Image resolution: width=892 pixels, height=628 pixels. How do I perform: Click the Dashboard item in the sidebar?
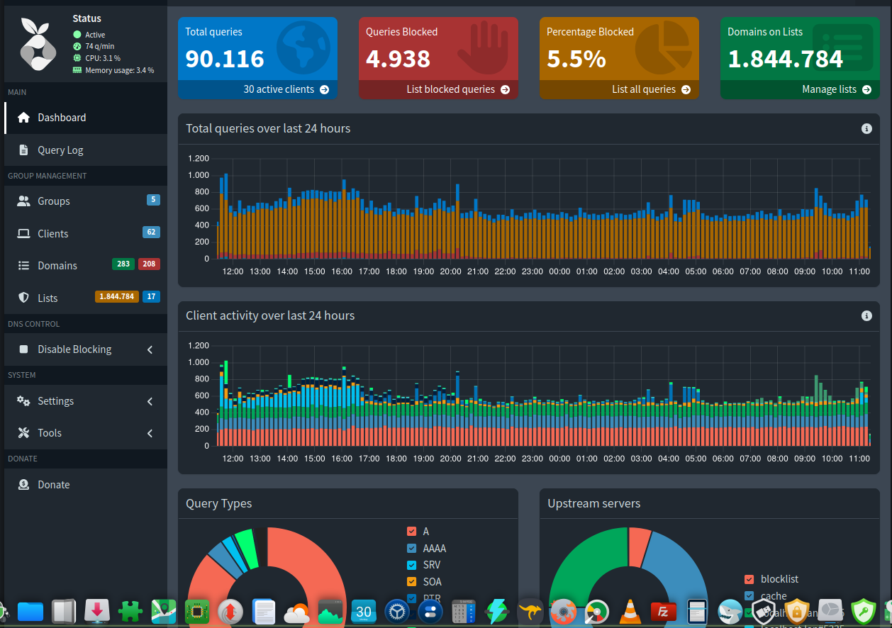point(62,118)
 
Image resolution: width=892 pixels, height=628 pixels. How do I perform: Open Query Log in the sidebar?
point(60,150)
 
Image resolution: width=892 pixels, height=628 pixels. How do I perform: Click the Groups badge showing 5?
point(153,200)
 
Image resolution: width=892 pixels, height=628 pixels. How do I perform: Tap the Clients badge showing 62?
point(151,232)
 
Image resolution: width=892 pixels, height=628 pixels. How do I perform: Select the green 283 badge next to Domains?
point(123,264)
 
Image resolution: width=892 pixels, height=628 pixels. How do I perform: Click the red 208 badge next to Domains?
point(149,264)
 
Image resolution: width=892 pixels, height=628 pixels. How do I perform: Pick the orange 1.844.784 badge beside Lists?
point(117,296)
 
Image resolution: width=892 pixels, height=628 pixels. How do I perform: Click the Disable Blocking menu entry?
point(74,349)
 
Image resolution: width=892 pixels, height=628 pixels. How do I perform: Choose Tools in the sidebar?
point(50,433)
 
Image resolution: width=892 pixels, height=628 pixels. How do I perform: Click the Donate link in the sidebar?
point(54,485)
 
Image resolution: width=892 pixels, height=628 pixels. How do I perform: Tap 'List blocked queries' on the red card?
point(457,89)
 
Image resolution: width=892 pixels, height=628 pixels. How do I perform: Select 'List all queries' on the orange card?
point(650,89)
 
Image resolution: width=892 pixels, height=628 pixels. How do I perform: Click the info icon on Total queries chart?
point(866,128)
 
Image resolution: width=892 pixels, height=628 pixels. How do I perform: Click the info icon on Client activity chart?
point(866,316)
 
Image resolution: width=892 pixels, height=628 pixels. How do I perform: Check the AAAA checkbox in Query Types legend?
point(412,548)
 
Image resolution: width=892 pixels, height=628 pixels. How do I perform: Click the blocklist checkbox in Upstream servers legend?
point(749,579)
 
